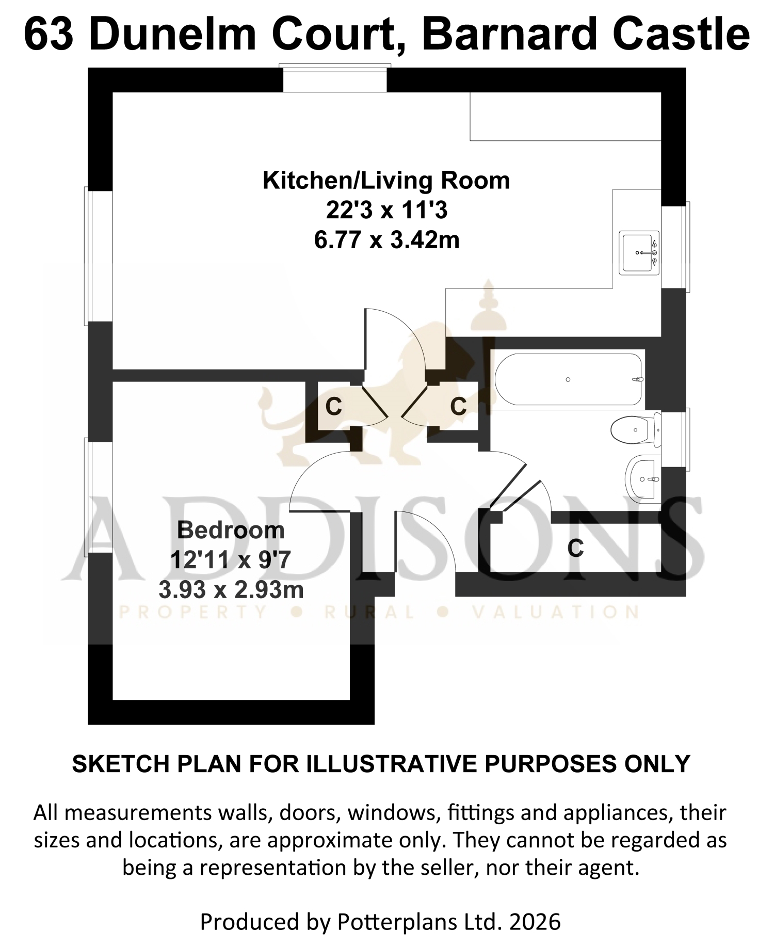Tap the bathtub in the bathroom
pos(568,379)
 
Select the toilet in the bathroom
pos(635,429)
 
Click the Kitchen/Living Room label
pos(386,181)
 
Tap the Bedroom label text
pos(231,530)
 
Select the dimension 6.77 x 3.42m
pos(386,240)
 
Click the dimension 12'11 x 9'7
pos(231,560)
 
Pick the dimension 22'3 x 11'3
pos(386,211)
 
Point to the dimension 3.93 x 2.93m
pos(231,590)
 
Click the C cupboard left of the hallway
pos(334,407)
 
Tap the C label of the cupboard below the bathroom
pos(575,548)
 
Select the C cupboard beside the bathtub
pos(459,406)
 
